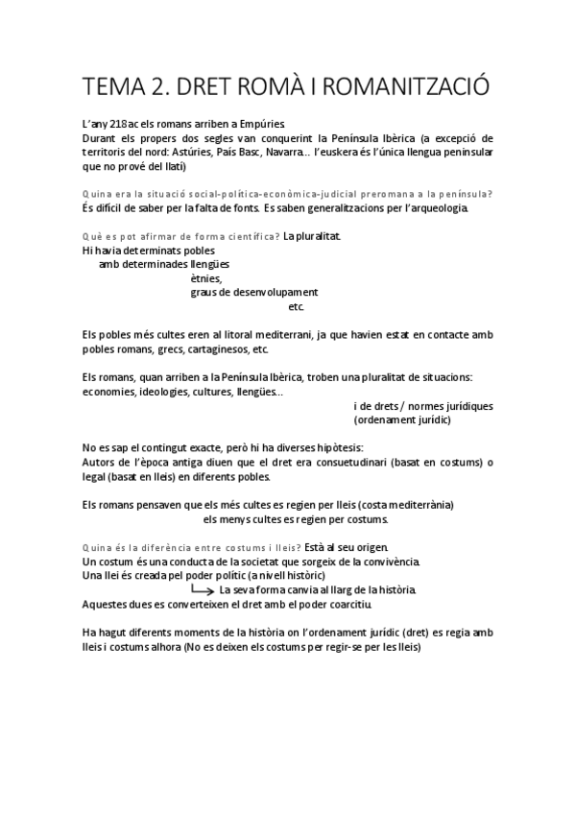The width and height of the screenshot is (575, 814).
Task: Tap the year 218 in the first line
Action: (x=120, y=124)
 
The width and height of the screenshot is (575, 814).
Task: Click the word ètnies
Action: (x=206, y=278)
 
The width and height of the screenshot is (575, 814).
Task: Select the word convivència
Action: (x=389, y=561)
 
